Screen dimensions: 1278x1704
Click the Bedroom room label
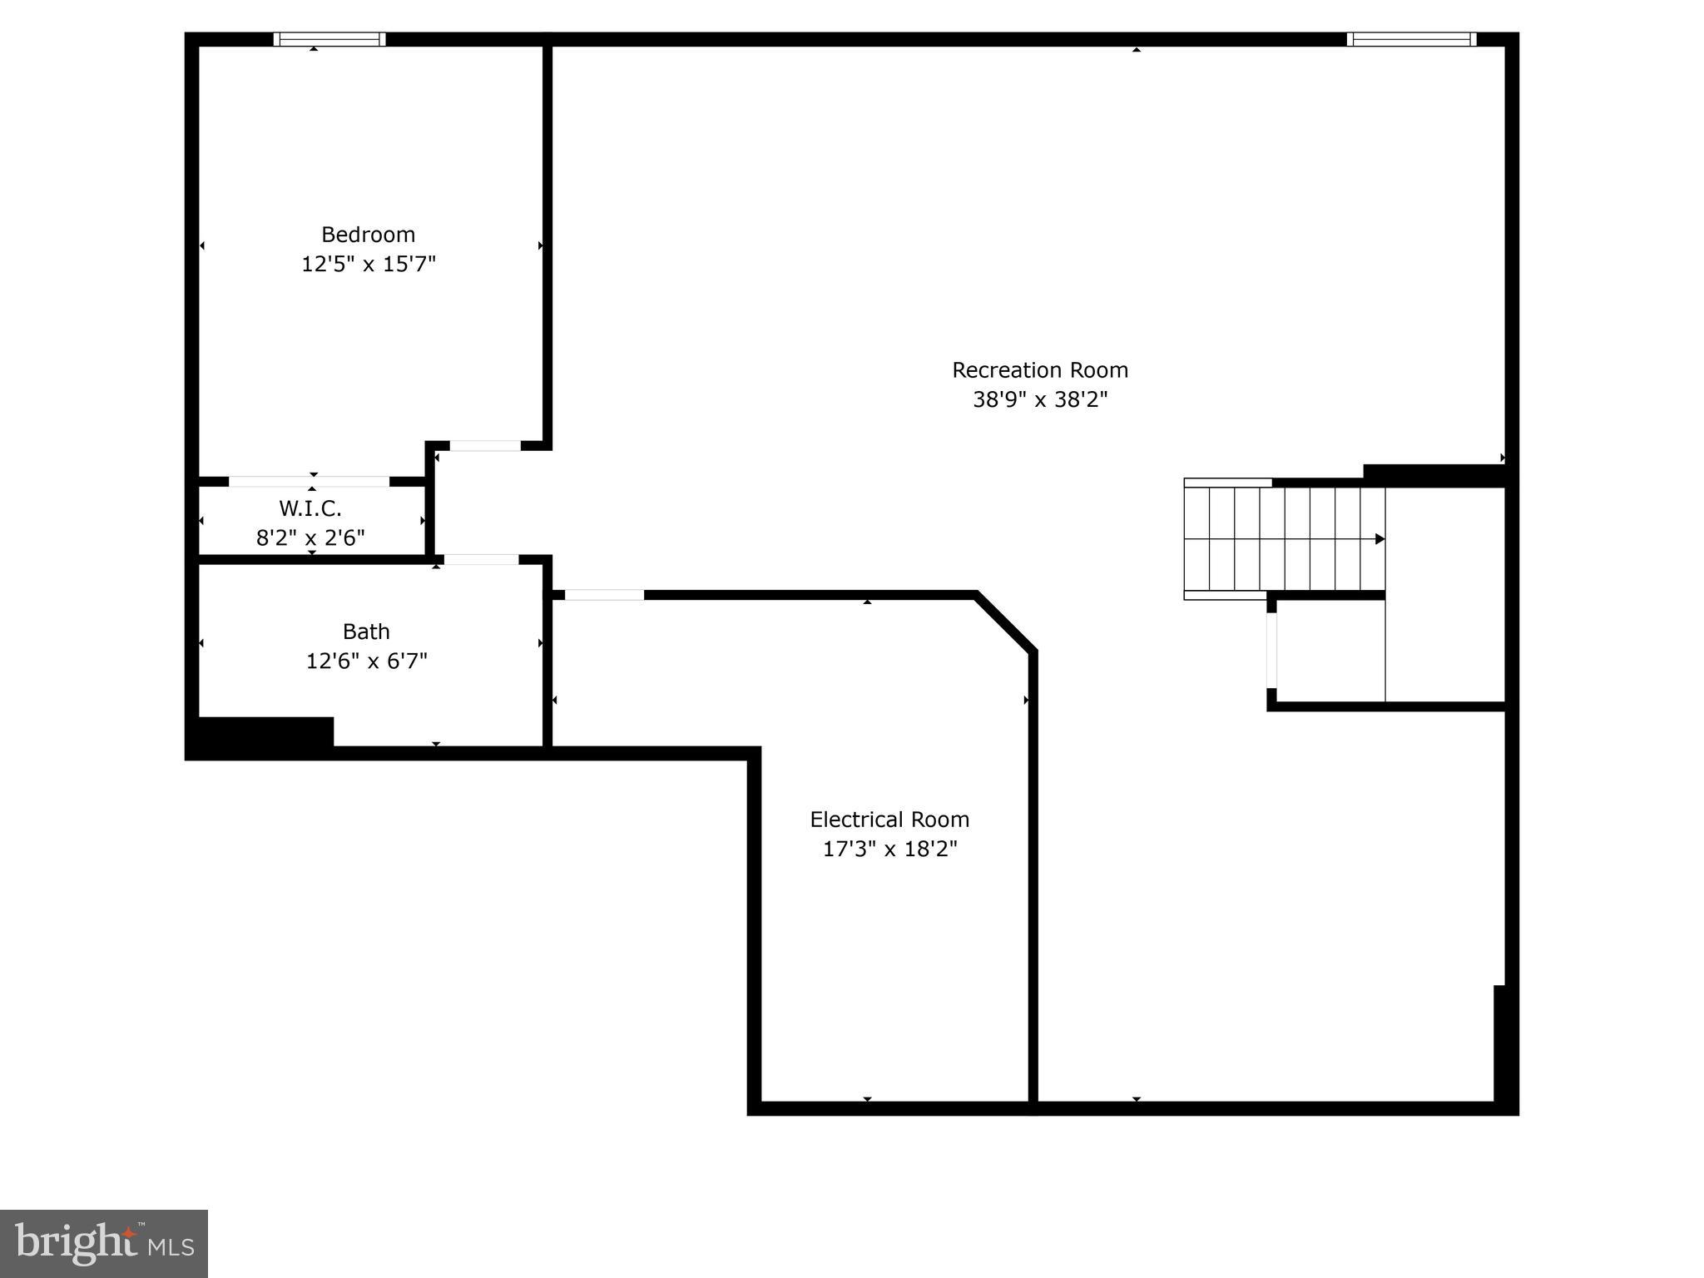pyautogui.click(x=368, y=235)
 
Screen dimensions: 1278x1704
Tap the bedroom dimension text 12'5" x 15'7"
pyautogui.click(x=368, y=264)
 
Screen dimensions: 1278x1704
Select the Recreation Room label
pyautogui.click(x=1040, y=370)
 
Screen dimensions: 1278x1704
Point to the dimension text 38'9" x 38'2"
pyautogui.click(x=1040, y=400)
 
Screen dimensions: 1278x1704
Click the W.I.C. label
pyautogui.click(x=310, y=508)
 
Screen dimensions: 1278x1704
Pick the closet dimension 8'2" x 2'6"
pyautogui.click(x=310, y=537)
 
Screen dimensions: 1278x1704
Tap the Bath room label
pyautogui.click(x=366, y=632)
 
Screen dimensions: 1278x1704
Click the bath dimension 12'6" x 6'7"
pyautogui.click(x=366, y=661)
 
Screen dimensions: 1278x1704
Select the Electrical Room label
pyautogui.click(x=889, y=820)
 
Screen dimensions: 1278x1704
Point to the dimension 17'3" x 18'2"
pyautogui.click(x=889, y=850)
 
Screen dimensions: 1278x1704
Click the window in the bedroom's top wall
pyautogui.click(x=329, y=39)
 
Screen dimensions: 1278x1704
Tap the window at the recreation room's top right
pyautogui.click(x=1411, y=39)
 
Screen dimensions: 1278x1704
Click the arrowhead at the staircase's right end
pyautogui.click(x=1379, y=539)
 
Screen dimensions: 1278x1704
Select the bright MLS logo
pyautogui.click(x=104, y=1243)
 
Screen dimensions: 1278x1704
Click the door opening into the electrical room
pyautogui.click(x=604, y=595)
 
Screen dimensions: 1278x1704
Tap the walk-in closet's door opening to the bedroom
pyautogui.click(x=309, y=482)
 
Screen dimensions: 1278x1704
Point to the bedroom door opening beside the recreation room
pyautogui.click(x=485, y=446)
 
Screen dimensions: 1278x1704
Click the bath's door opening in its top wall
pyautogui.click(x=481, y=560)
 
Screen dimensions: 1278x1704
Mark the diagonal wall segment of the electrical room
pyautogui.click(x=1006, y=622)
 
